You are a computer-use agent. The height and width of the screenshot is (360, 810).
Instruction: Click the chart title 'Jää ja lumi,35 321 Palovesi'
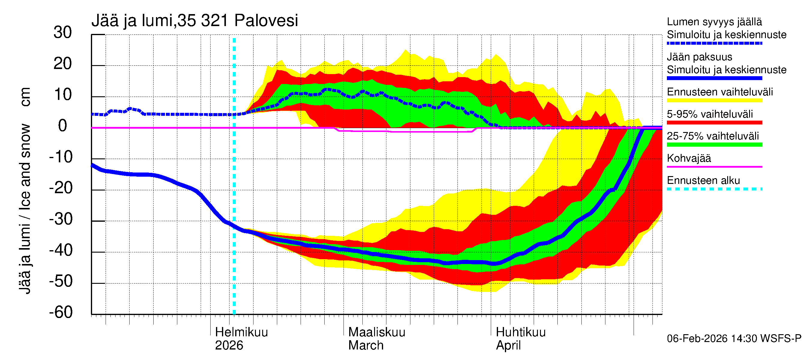click(x=194, y=21)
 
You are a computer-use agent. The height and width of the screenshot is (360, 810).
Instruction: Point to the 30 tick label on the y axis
click(x=63, y=33)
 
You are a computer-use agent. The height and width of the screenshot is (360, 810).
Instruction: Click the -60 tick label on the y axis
click(x=61, y=312)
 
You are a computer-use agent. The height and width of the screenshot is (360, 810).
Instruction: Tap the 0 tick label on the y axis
click(x=63, y=126)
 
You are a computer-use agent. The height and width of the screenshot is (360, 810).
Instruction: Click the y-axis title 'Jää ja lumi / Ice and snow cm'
click(x=25, y=190)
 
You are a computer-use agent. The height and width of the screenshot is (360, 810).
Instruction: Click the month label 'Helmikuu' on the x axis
click(x=241, y=332)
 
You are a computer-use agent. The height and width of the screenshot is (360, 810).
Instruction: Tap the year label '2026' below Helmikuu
click(x=229, y=346)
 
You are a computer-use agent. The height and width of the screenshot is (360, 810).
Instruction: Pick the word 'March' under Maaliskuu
click(x=366, y=346)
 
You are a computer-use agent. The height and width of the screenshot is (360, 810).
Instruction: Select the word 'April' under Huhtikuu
click(x=508, y=346)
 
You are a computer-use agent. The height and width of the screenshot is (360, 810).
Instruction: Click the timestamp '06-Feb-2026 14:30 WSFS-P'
click(x=734, y=339)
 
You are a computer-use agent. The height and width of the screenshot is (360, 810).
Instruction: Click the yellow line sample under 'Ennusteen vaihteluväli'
click(x=714, y=100)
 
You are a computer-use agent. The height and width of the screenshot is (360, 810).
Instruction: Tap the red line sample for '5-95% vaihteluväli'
click(x=714, y=123)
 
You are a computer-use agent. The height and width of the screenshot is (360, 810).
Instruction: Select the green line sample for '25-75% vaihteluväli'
click(x=714, y=145)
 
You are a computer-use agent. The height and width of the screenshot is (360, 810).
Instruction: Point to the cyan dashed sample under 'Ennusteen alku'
click(x=714, y=189)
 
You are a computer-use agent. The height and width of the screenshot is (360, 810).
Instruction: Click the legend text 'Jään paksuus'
click(x=699, y=57)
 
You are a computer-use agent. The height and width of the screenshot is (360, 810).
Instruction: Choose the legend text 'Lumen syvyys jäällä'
click(x=714, y=22)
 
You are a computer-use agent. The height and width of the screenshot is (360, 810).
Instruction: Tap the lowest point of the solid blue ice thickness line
click(x=494, y=264)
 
